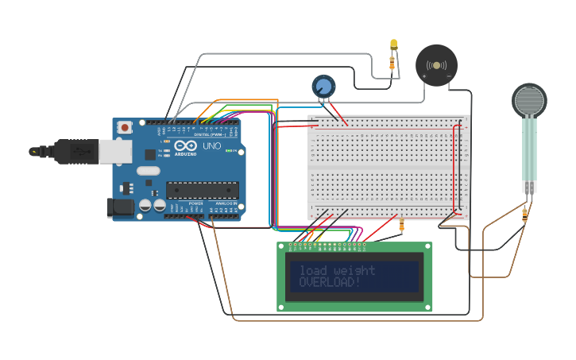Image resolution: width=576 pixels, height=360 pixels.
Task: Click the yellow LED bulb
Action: coord(393,45)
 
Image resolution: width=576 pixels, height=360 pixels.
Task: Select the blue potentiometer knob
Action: coord(323,87)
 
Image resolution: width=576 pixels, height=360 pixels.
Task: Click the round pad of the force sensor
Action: coord(529,100)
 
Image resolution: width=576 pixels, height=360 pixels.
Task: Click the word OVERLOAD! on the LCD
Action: coord(330,282)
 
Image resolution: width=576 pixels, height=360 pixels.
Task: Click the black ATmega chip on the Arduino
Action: coord(202,189)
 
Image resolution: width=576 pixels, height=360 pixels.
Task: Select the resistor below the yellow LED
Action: coord(392,62)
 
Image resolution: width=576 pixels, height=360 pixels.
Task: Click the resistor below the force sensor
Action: coord(525,212)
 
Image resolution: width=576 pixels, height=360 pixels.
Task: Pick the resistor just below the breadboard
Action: coord(401,226)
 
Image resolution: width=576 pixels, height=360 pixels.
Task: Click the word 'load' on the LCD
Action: coord(312,270)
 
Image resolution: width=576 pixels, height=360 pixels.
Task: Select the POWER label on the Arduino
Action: coord(195,203)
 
